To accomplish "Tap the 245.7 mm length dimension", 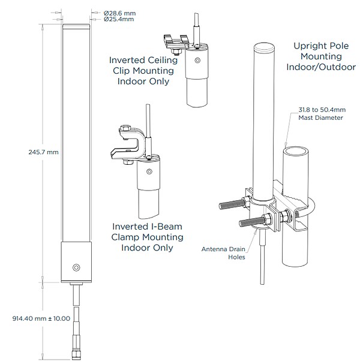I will point(44,152).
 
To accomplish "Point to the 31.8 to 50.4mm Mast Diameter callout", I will point(320,114).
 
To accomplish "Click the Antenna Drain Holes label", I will point(223,254).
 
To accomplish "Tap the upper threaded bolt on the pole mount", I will point(230,203).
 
